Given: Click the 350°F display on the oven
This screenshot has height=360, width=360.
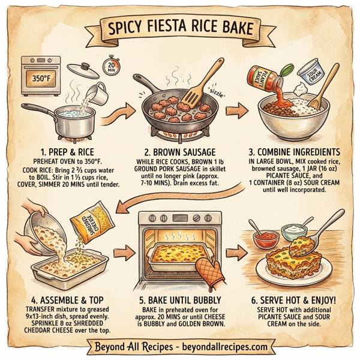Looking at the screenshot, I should (37, 79).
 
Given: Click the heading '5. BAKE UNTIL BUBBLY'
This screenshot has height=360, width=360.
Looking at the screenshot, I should (179, 300).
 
